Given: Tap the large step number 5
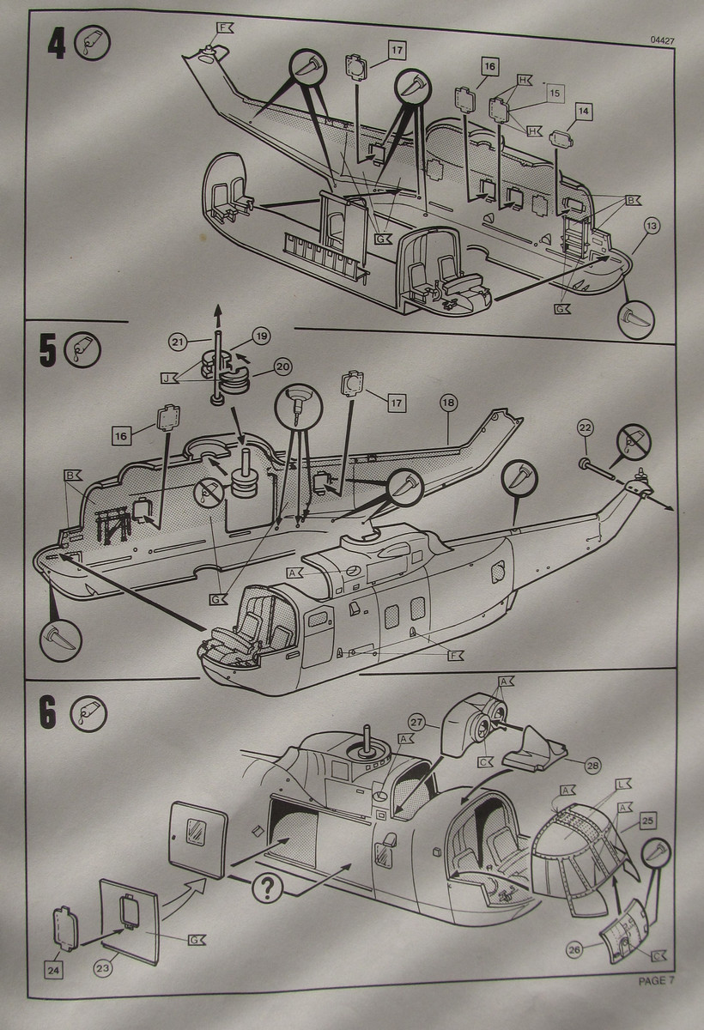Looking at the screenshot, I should [x=48, y=352].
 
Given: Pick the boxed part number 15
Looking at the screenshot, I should [x=554, y=92].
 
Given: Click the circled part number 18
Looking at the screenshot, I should [x=448, y=402].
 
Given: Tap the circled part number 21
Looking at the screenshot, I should [x=178, y=342].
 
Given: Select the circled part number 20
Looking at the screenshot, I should [x=282, y=366].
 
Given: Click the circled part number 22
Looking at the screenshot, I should [x=585, y=427].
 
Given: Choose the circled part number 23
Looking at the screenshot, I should [x=104, y=968].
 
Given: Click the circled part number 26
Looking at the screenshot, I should [x=574, y=948].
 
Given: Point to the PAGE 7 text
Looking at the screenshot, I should [x=657, y=980].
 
